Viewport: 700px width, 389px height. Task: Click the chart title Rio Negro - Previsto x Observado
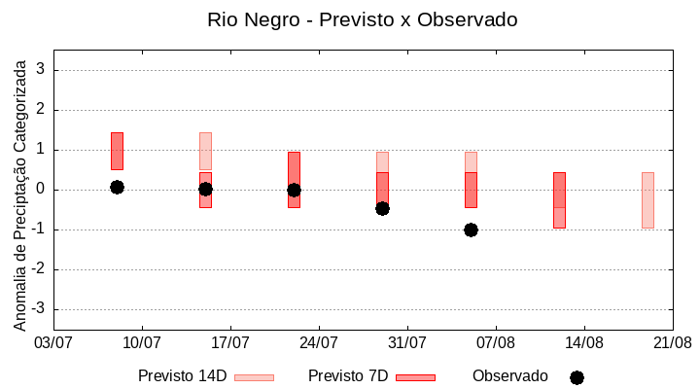point(362,19)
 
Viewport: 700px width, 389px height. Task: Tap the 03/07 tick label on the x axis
point(53,343)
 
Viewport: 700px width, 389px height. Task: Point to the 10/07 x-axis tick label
point(142,343)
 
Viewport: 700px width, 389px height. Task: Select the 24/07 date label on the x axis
point(319,343)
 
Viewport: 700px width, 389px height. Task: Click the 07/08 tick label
point(496,343)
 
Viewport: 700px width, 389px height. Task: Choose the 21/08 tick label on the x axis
point(672,343)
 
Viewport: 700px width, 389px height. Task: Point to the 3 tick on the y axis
point(42,70)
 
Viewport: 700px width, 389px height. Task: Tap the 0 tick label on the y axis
point(42,190)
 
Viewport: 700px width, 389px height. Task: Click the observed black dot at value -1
point(471,230)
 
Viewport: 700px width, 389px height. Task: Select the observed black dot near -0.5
point(382,208)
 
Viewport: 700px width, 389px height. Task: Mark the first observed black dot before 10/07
point(117,187)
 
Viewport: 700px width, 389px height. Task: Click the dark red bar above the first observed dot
point(117,151)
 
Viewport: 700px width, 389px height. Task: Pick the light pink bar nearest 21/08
point(647,199)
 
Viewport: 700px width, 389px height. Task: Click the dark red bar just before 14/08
point(559,199)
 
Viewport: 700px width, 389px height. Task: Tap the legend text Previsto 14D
point(182,376)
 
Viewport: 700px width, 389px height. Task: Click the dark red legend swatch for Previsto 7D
point(415,377)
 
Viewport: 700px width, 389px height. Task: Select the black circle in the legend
point(577,377)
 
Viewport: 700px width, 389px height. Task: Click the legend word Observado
point(509,376)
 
